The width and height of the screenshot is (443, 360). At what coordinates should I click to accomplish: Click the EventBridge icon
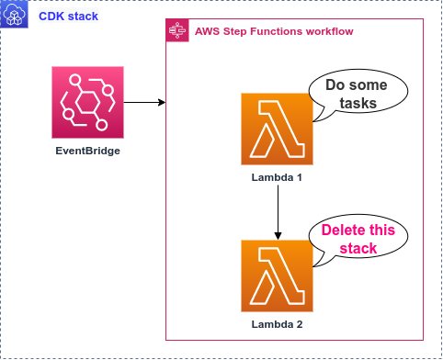[x=88, y=100]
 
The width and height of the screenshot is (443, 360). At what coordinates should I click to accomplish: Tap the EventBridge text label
[x=88, y=149]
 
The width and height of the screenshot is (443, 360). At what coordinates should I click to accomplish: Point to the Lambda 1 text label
[x=277, y=176]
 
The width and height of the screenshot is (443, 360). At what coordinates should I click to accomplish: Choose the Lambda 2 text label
[x=277, y=324]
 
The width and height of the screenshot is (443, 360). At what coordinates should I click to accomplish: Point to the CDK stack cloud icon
[x=15, y=16]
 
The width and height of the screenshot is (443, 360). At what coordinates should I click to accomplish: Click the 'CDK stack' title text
[x=68, y=16]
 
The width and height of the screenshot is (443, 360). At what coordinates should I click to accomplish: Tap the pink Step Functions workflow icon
[x=176, y=31]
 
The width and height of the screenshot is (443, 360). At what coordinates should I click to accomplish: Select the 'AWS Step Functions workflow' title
[x=274, y=32]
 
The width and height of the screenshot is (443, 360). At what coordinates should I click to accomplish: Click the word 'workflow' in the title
[x=329, y=32]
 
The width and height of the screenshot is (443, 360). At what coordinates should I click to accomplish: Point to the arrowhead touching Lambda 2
[x=277, y=235]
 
